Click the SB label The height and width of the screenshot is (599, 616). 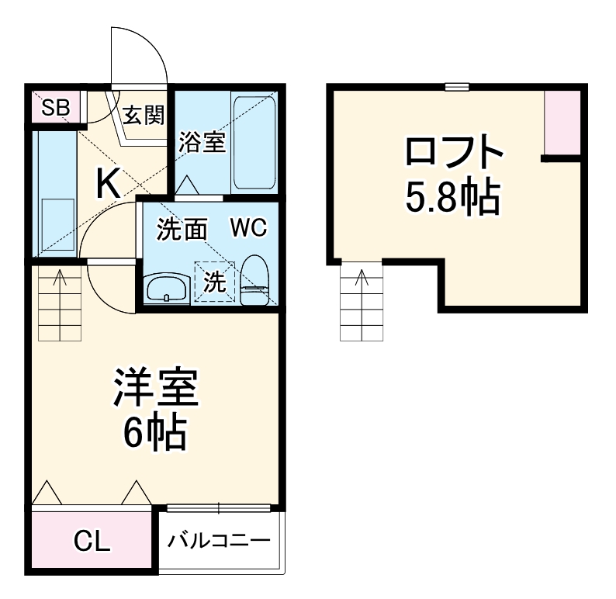(55, 107)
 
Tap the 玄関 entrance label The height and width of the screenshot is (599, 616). (143, 116)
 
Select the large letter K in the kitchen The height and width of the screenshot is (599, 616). (107, 184)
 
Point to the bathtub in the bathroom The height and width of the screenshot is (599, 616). (253, 144)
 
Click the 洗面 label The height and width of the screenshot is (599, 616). (182, 229)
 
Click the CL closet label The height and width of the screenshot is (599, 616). (92, 542)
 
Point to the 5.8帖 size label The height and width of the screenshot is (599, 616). (453, 198)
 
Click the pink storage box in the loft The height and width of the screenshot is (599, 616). (562, 123)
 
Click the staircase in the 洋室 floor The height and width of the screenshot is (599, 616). (60, 303)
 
